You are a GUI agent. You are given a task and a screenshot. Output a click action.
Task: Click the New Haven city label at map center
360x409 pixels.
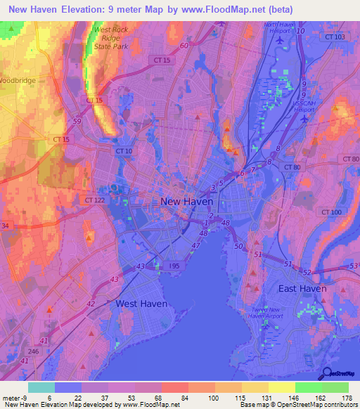click(x=187, y=202)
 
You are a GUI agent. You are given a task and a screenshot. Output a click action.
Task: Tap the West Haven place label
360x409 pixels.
click(x=141, y=304)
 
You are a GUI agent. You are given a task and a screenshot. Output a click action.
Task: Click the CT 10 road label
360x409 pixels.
click(x=124, y=151)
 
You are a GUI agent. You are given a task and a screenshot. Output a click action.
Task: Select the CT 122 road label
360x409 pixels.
click(x=96, y=200)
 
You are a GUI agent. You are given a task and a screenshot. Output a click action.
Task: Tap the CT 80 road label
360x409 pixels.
click(x=292, y=167)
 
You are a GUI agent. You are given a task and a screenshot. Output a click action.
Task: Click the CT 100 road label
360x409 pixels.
click(x=331, y=212)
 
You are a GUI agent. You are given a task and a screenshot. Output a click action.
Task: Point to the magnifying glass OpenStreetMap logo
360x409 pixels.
click(x=326, y=373)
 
